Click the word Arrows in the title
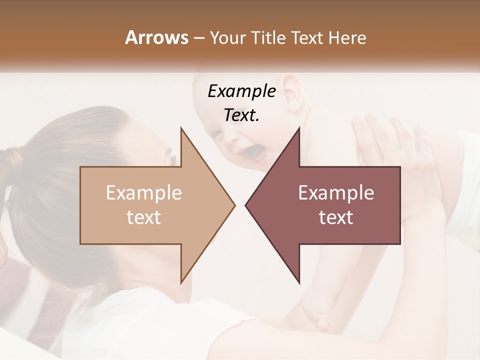[x=156, y=37]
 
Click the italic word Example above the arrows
[x=241, y=91]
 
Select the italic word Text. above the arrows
[x=241, y=115]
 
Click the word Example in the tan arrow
[x=144, y=193]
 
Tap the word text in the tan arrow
[x=144, y=217]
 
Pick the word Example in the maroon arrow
[x=336, y=193]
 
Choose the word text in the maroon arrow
[x=336, y=217]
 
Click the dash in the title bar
[x=198, y=38]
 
